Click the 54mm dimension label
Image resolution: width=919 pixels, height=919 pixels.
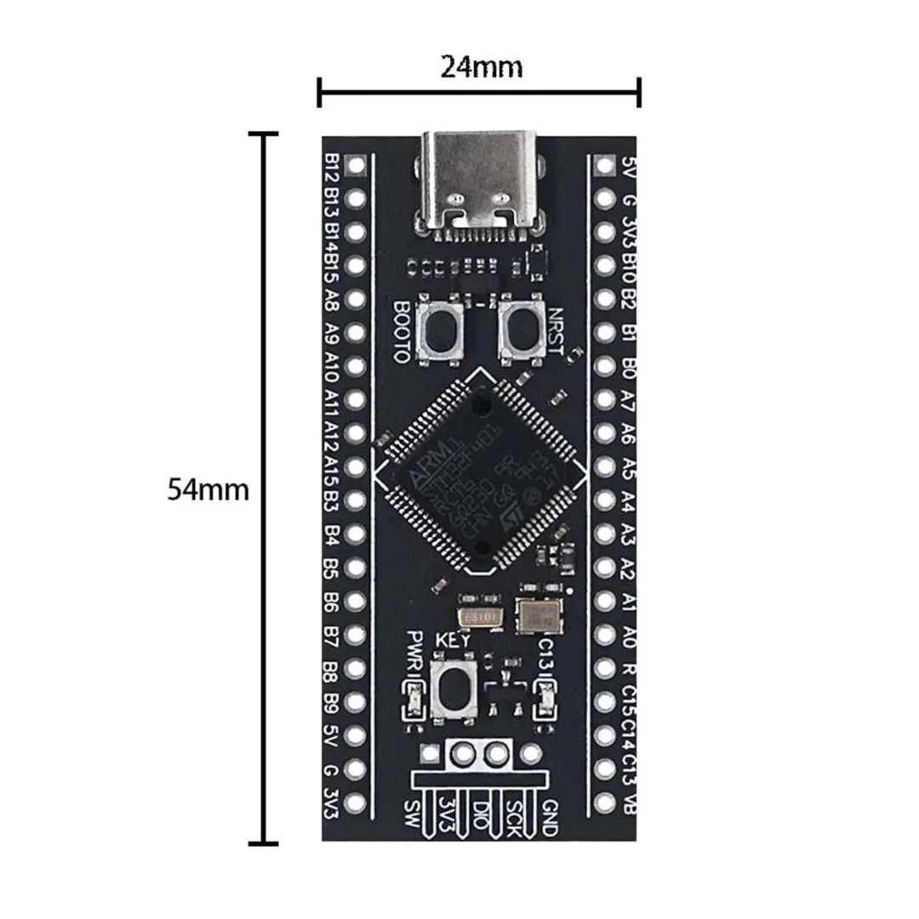point(208,491)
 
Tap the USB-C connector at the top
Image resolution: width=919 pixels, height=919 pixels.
point(479,180)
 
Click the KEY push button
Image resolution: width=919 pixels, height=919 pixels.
point(453,688)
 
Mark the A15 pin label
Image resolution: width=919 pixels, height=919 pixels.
point(333,468)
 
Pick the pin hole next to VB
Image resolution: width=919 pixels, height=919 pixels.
point(605,802)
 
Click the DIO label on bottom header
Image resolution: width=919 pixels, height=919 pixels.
point(482,814)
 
